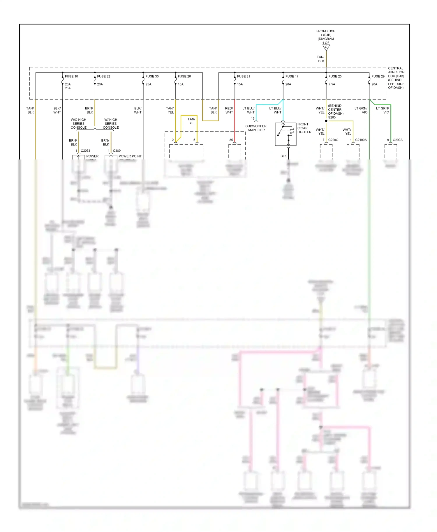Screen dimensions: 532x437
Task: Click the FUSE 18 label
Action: [x=71, y=76]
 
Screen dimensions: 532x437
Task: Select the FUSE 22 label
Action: [x=103, y=76]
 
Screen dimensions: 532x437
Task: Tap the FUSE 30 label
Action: [x=152, y=76]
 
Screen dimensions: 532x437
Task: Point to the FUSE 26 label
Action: [x=184, y=76]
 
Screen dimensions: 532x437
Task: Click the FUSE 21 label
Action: [x=244, y=76]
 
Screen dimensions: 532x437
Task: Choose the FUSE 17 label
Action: [x=292, y=76]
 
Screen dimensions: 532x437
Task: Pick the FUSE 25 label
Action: [x=335, y=76]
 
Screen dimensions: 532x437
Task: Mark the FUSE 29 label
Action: [x=378, y=76]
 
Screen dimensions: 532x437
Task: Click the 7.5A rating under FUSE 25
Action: [x=332, y=84]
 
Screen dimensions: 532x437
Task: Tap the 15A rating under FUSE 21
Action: [x=240, y=84]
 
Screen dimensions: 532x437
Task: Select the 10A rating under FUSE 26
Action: [x=181, y=84]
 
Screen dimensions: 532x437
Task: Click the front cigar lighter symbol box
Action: [x=286, y=134]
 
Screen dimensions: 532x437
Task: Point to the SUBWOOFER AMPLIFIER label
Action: [x=256, y=128]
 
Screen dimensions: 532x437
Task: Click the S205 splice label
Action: [x=332, y=118]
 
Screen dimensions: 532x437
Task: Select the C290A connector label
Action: [x=397, y=140]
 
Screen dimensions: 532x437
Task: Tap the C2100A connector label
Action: [x=361, y=140]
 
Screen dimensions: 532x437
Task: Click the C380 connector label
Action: [x=117, y=151]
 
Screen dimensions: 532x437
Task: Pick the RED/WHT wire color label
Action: [x=229, y=110]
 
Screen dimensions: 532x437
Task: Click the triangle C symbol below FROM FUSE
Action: [x=326, y=47]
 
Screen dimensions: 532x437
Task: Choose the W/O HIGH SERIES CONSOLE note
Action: [x=78, y=124]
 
